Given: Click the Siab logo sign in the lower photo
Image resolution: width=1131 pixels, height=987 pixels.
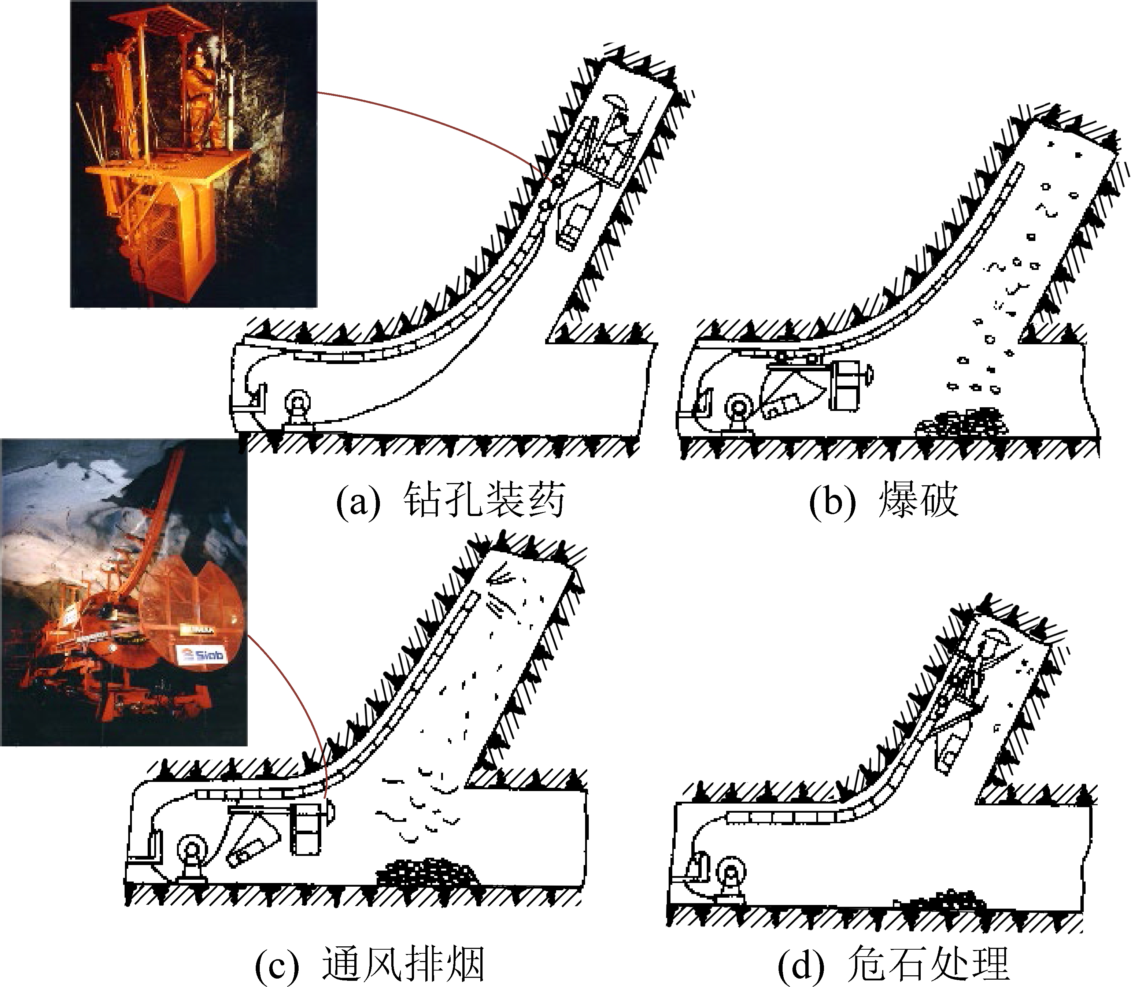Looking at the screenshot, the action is pyautogui.click(x=203, y=654).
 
